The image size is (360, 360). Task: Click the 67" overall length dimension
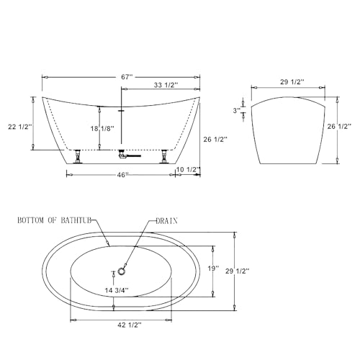(127, 77)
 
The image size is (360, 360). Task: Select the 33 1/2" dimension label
(166, 85)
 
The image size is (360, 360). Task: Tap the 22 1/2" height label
(20, 127)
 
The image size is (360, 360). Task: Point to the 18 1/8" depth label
(102, 129)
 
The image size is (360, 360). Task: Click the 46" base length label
(122, 175)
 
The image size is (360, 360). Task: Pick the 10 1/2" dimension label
(189, 169)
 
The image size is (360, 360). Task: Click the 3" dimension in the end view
(237, 111)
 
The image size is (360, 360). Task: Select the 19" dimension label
(213, 269)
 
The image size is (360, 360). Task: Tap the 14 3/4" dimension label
(117, 290)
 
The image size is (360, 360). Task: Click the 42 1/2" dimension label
(130, 325)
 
